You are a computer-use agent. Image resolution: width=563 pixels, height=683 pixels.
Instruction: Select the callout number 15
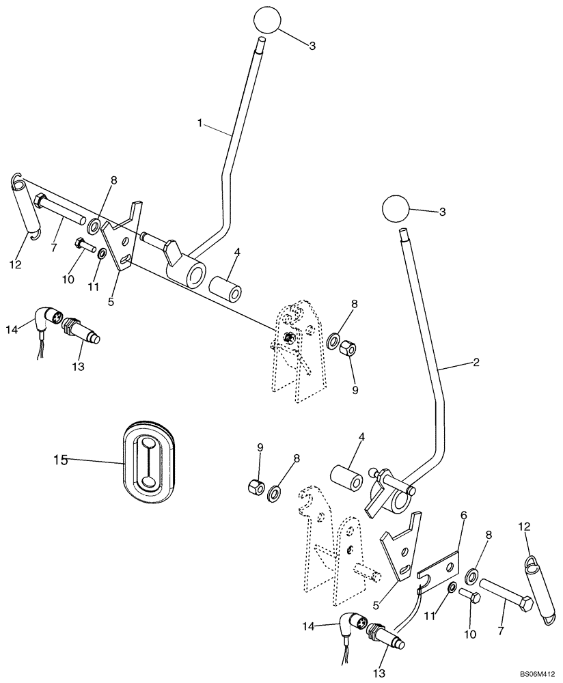point(61,460)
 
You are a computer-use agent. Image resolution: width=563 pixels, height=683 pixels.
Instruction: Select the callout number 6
point(463,517)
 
